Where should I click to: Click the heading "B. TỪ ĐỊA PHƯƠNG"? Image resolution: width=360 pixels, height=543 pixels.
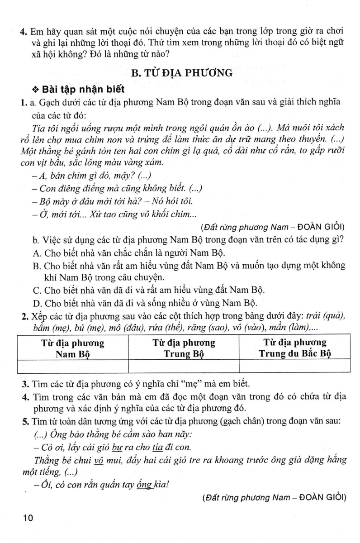pyautogui.click(x=181, y=72)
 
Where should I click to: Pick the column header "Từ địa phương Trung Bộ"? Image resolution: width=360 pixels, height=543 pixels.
pyautogui.click(x=184, y=348)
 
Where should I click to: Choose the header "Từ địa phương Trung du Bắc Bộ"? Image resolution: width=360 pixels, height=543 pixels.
pyautogui.click(x=295, y=348)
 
